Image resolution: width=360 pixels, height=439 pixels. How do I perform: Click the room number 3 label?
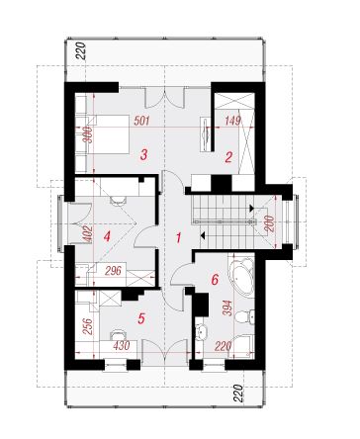(x=143, y=154)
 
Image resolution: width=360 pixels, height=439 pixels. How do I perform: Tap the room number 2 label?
(x=228, y=157)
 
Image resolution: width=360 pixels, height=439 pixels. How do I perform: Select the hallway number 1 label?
(x=178, y=237)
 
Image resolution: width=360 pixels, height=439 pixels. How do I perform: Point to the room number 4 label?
(x=107, y=236)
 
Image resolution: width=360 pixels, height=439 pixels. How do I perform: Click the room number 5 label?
(x=141, y=318)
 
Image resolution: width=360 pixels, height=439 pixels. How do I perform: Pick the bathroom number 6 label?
(x=215, y=280)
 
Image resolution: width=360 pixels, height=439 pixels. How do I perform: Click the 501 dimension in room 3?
(x=141, y=121)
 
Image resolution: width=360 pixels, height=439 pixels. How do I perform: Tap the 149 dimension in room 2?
(x=232, y=121)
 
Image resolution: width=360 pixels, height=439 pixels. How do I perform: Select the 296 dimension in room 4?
(x=114, y=271)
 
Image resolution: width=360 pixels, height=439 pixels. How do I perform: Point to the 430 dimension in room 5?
(x=122, y=346)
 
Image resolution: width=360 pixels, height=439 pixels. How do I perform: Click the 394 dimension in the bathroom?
(x=227, y=307)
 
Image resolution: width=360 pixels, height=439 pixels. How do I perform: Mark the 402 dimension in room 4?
(x=88, y=233)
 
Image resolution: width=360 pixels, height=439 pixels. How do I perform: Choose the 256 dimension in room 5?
(x=88, y=326)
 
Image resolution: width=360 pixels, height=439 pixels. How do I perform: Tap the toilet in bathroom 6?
(x=244, y=316)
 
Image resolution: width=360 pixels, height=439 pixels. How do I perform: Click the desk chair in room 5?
(x=118, y=334)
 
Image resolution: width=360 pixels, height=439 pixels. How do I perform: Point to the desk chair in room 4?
(x=118, y=200)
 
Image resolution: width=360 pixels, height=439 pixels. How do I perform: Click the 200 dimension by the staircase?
(x=269, y=223)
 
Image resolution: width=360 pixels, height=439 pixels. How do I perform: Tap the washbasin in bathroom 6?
(x=200, y=331)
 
